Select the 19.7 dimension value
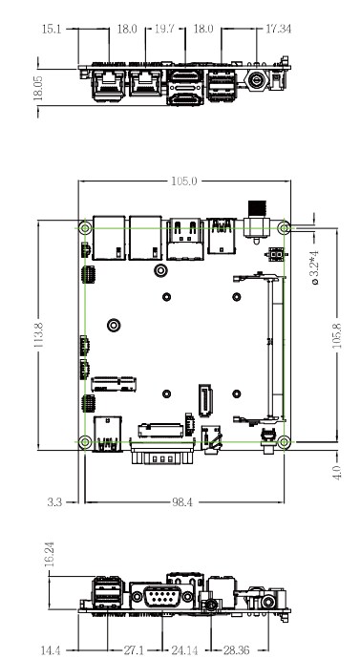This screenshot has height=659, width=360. [x=167, y=29]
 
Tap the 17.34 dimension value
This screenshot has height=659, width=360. [x=278, y=29]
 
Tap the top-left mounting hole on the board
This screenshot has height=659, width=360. [x=85, y=228]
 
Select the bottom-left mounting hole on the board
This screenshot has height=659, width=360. [x=85, y=441]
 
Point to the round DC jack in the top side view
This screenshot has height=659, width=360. [x=258, y=83]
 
